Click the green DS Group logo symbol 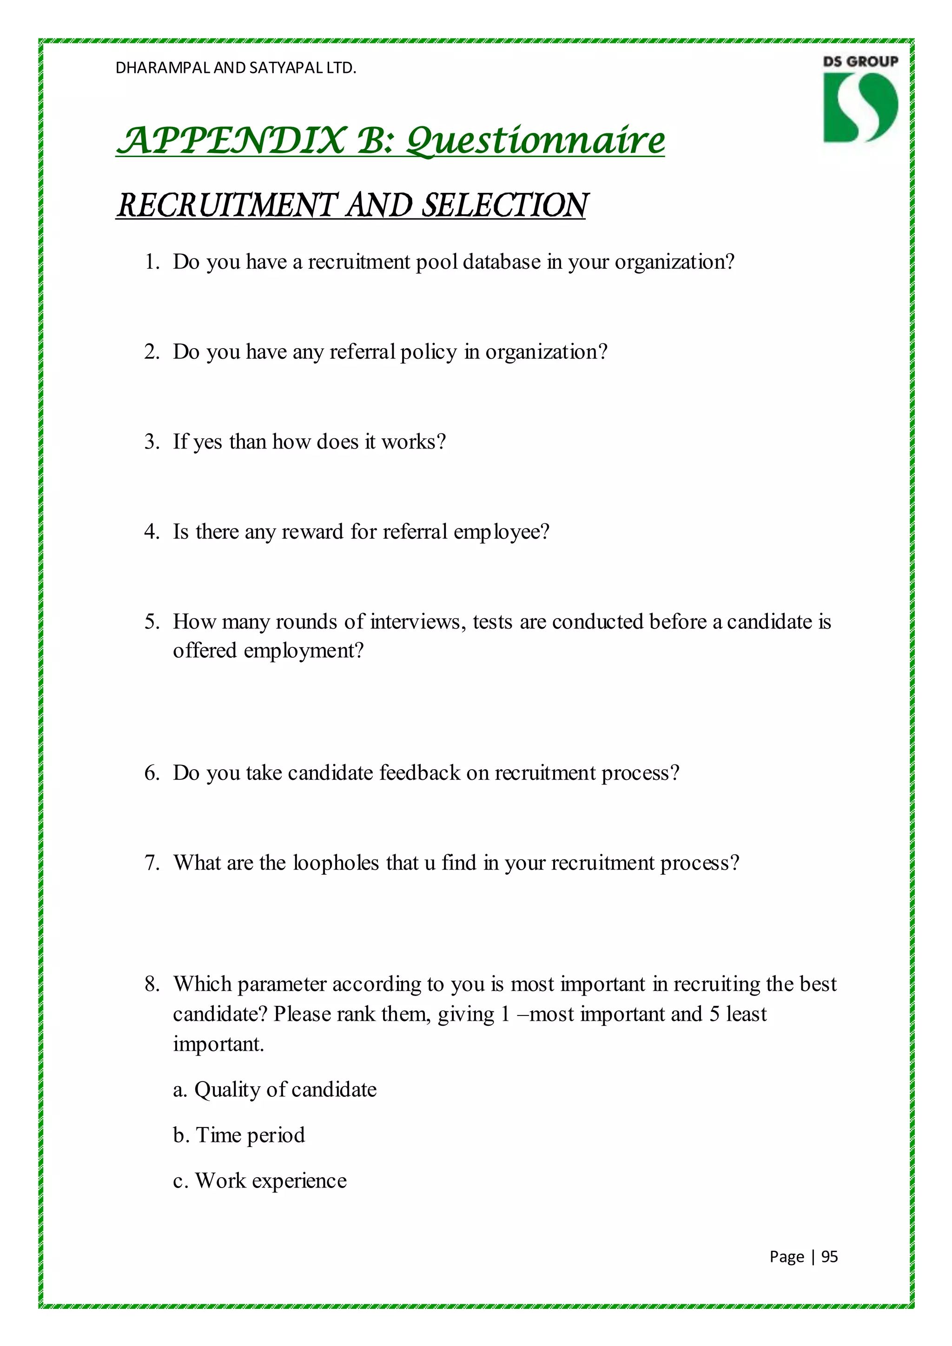click(860, 107)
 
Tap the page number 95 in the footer click(829, 1256)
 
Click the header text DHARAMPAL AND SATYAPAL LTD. click(236, 68)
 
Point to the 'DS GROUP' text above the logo click(860, 61)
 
